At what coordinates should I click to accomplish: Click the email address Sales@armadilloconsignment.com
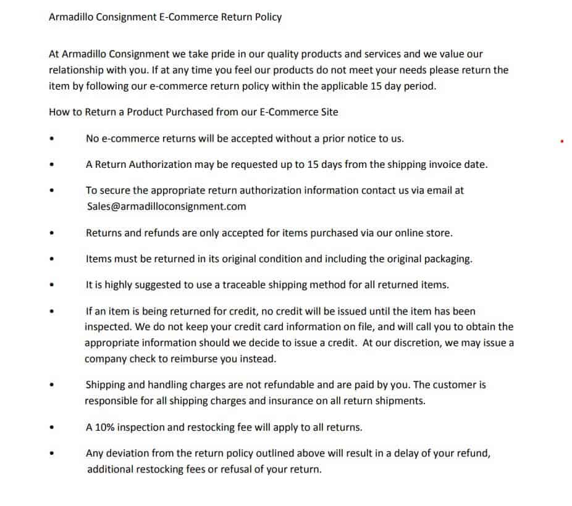pyautogui.click(x=166, y=207)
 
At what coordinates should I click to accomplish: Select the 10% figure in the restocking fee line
pyautogui.click(x=105, y=427)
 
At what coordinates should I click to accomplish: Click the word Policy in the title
pyautogui.click(x=267, y=17)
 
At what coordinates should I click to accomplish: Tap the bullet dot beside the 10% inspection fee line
pyautogui.click(x=52, y=427)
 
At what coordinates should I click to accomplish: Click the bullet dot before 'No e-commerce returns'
pyautogui.click(x=52, y=139)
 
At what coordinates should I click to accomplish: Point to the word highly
pyautogui.click(x=117, y=284)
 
